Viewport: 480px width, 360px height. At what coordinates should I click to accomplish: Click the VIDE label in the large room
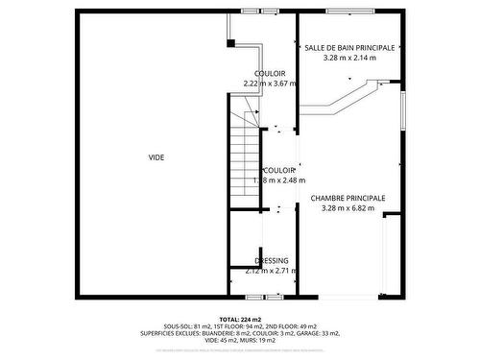[156, 157]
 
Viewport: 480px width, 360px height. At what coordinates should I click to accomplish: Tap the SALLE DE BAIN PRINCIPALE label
[349, 47]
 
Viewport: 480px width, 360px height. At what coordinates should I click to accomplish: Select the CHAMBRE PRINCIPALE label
[348, 198]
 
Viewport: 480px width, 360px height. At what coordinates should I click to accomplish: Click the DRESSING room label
[272, 261]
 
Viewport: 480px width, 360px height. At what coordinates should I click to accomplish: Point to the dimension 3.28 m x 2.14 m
[349, 58]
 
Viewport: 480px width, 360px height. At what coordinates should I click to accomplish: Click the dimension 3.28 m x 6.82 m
[348, 208]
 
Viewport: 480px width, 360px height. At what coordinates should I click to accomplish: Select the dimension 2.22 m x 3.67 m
[270, 84]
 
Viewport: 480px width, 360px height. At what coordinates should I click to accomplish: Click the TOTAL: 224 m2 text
[240, 319]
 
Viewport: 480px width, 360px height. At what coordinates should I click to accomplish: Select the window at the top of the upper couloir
[262, 12]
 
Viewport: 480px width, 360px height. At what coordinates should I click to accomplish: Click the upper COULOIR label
[270, 73]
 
